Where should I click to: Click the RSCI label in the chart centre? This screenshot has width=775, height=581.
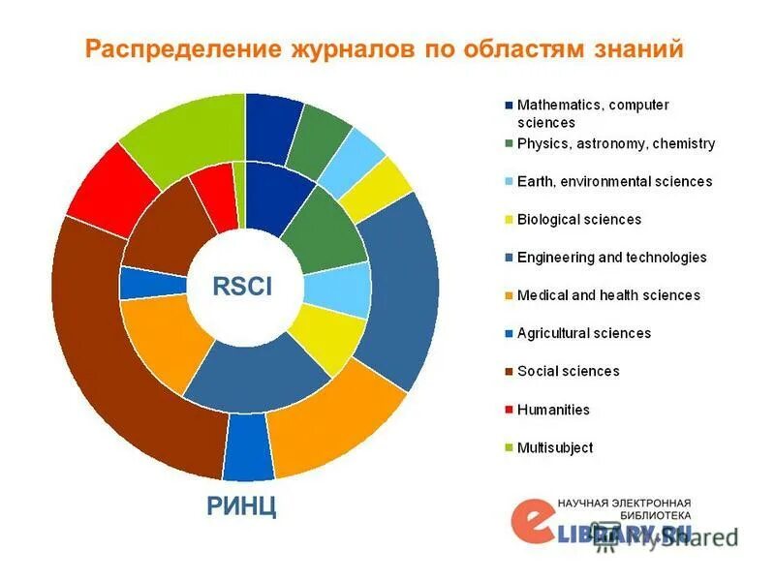[242, 286]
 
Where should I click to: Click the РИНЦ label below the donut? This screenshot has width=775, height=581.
[240, 505]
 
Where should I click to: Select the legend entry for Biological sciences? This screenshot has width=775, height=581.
[578, 219]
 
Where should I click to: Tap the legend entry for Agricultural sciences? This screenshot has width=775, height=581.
[583, 333]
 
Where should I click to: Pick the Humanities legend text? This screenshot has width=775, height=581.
[553, 410]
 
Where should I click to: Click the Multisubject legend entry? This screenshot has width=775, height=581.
[555, 447]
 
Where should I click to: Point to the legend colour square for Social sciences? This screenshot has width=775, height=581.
[509, 371]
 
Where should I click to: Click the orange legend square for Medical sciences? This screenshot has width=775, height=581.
[509, 295]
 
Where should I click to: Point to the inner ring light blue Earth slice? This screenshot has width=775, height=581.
[340, 289]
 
